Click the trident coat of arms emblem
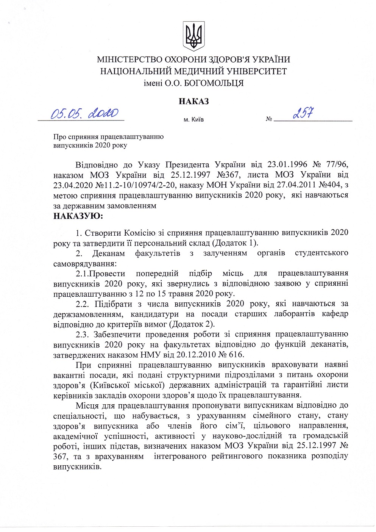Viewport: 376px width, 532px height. click(x=193, y=36)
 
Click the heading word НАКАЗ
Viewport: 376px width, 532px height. click(x=193, y=101)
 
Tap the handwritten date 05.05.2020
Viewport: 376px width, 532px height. click(x=85, y=113)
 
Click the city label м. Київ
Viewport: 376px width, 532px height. click(x=193, y=120)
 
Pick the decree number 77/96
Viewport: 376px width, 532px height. click(x=335, y=165)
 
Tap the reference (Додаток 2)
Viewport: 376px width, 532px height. click(x=192, y=324)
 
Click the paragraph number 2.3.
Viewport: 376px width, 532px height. click(x=82, y=335)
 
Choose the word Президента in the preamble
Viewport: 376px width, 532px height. click(x=187, y=165)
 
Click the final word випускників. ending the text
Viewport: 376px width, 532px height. click(x=78, y=466)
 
